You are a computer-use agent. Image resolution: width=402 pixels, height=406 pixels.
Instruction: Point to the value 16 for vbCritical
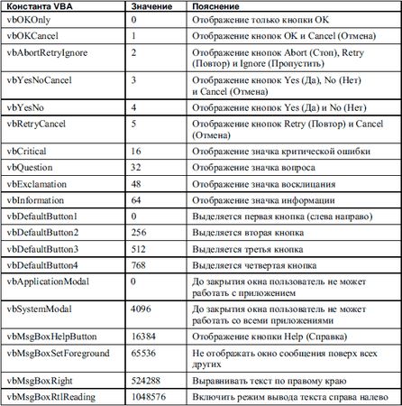tap(135, 153)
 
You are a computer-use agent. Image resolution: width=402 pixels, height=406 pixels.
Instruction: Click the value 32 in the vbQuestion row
tap(135, 170)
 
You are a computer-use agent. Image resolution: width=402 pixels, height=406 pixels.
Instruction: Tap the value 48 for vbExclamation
tap(135, 185)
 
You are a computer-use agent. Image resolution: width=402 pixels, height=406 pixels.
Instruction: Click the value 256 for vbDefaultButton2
tap(137, 233)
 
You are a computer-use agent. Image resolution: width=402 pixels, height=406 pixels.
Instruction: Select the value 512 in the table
tap(137, 248)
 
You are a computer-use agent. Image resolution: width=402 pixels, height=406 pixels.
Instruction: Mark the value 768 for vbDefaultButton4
tap(137, 264)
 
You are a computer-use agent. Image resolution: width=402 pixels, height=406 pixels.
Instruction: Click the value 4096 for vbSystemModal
tap(140, 307)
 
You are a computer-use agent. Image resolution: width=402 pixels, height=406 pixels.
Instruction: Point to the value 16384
tap(142, 334)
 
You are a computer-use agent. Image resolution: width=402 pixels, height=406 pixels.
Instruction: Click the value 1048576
tap(146, 395)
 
